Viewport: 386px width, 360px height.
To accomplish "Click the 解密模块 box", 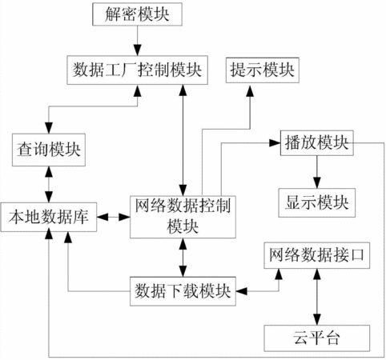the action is tap(137, 14).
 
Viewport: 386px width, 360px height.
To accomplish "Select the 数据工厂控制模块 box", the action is tap(137, 70).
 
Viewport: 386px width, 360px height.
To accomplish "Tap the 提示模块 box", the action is tap(263, 70).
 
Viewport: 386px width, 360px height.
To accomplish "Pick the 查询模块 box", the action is tap(49, 150).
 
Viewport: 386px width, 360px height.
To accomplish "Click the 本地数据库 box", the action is tap(49, 217).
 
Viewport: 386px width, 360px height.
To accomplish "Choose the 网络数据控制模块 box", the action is tap(183, 217).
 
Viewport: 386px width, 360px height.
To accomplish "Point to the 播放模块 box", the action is tap(317, 143).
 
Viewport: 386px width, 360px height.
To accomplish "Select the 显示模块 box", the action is tap(317, 202).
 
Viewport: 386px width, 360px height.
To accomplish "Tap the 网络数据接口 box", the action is tap(317, 255).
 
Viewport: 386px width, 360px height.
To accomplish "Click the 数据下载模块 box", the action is tap(183, 291).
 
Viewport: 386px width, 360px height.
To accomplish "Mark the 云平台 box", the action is tap(317, 338).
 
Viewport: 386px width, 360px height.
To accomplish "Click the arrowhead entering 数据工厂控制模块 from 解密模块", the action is tap(138, 50).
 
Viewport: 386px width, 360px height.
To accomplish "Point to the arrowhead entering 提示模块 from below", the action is tap(250, 91).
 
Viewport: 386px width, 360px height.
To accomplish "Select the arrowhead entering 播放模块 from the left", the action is tap(275, 143).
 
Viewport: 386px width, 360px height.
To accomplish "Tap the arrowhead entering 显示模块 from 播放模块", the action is tap(317, 183).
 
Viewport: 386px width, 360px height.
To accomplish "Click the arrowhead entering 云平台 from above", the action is tap(317, 320).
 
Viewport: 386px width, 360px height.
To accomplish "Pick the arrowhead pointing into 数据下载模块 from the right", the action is tap(242, 291).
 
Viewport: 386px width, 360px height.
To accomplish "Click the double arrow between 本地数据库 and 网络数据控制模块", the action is tap(114, 217).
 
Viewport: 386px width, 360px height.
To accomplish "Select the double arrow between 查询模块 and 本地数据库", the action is tap(49, 184).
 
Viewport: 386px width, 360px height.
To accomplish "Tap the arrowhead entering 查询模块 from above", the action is tap(49, 128).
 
